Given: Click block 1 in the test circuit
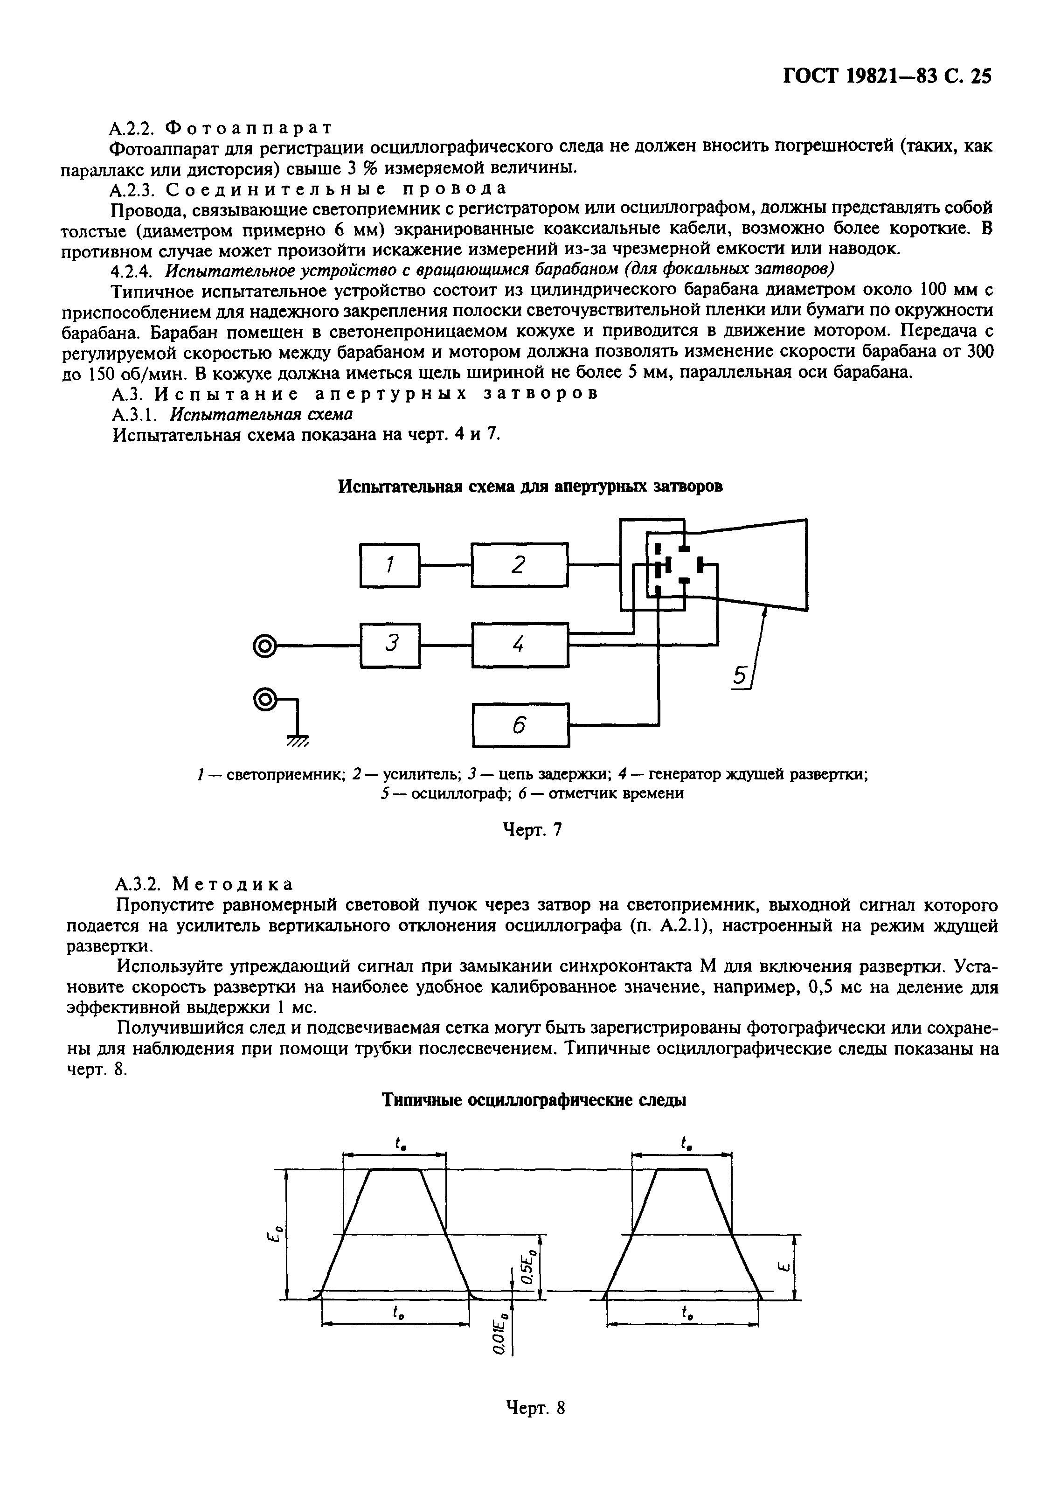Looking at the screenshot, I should pos(389,565).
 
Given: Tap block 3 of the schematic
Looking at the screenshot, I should pos(390,645).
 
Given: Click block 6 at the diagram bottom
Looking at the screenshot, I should pos(520,725).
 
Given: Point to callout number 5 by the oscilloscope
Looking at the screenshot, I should pos(740,676).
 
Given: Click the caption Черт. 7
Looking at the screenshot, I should pos(532,830).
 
